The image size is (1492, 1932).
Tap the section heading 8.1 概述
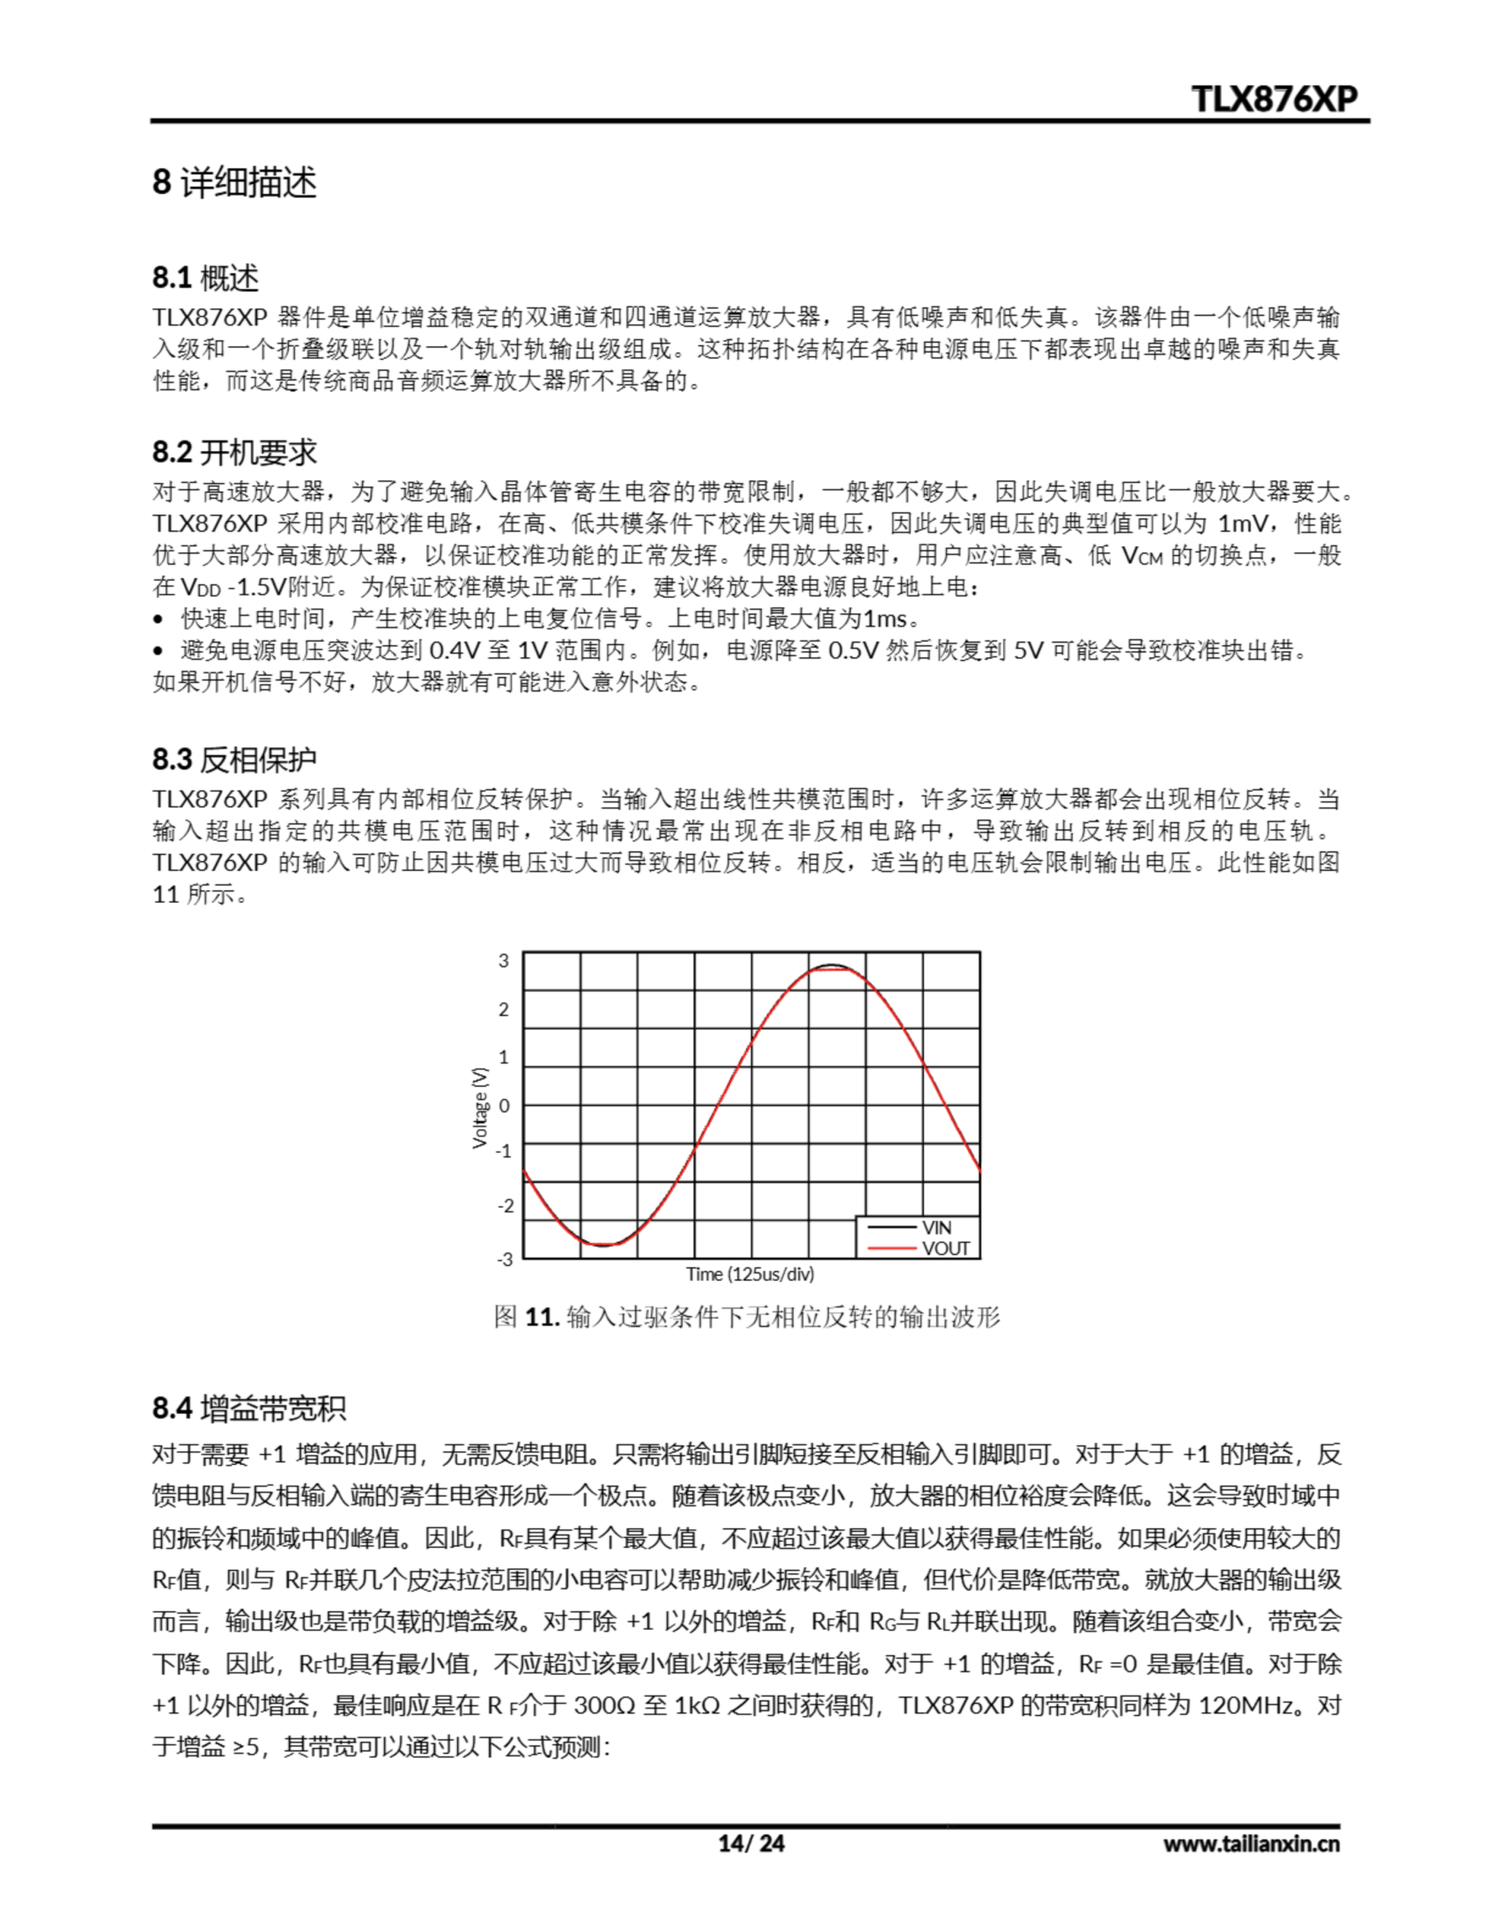click(x=205, y=278)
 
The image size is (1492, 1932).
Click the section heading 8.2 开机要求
click(x=235, y=452)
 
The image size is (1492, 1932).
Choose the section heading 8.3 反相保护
click(x=235, y=759)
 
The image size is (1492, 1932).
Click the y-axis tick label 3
click(x=504, y=961)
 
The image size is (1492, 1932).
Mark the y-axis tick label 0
click(x=504, y=1105)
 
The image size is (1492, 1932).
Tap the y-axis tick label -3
click(x=504, y=1259)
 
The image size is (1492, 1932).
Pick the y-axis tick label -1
click(x=504, y=1151)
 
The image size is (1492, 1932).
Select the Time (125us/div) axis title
click(x=750, y=1274)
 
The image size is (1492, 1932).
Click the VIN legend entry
click(x=936, y=1227)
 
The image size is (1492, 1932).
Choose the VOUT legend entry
click(x=945, y=1248)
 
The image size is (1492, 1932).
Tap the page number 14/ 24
click(x=751, y=1843)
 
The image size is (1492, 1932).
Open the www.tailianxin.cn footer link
click(x=1251, y=1844)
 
